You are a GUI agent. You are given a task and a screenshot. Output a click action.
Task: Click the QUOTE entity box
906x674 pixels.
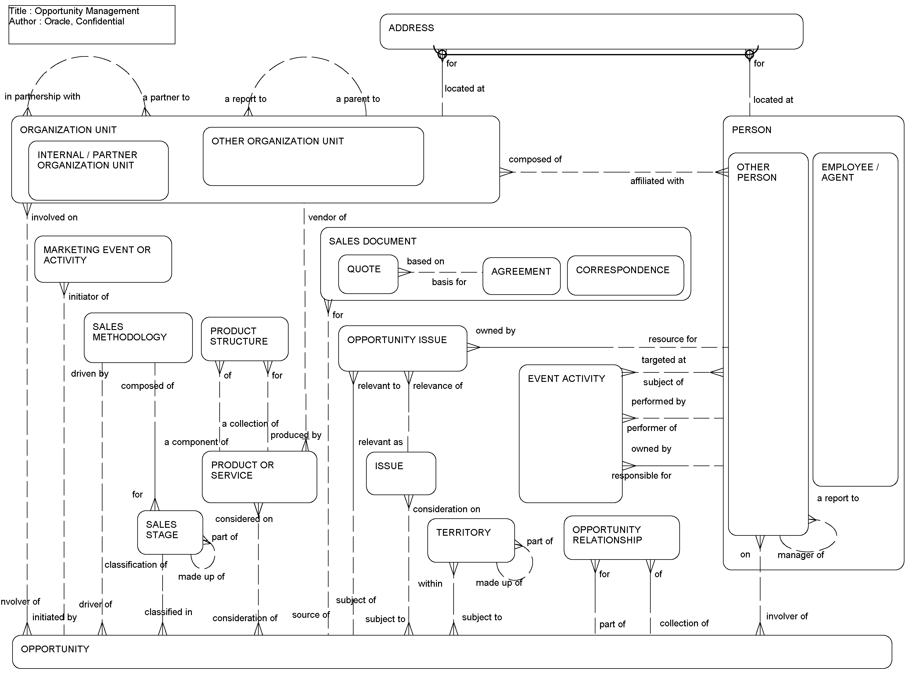point(368,274)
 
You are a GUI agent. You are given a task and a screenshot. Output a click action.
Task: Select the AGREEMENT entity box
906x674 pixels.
point(521,276)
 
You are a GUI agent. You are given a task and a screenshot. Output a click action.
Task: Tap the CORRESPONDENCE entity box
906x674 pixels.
point(625,275)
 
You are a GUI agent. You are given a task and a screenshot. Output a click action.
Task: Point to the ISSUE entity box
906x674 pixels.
point(401,473)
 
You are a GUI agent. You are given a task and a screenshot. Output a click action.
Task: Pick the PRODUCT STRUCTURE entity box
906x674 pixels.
point(244,338)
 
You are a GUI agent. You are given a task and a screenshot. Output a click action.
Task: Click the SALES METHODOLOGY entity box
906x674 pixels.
point(138,337)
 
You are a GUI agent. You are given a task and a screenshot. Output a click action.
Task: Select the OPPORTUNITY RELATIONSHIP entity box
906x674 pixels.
point(621,537)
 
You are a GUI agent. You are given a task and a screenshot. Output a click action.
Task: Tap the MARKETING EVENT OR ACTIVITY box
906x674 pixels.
point(103,259)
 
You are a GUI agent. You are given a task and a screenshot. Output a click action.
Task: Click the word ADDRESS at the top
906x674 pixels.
point(411,28)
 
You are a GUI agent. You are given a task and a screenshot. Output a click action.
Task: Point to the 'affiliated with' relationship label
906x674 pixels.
point(656,181)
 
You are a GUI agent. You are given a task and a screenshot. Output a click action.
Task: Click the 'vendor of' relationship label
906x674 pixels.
point(327,217)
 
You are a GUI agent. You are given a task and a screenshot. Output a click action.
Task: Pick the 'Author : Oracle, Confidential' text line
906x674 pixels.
point(67,21)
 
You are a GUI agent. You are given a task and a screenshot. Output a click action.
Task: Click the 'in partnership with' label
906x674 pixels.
point(42,96)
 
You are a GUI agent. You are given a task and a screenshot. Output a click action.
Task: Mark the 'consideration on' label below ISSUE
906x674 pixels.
point(446,509)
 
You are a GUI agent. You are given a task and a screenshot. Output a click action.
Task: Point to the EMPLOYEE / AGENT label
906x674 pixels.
point(850,172)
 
